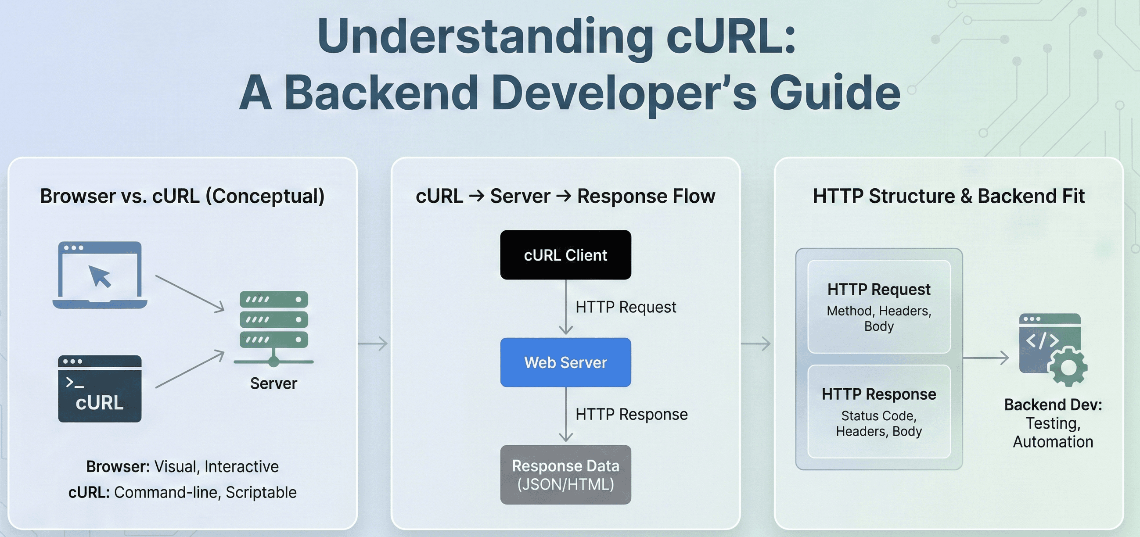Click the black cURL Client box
coord(565,255)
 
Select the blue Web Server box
coord(565,362)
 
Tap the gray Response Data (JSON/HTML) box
coord(565,475)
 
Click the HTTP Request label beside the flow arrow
coord(626,307)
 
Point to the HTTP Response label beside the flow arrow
coord(631,415)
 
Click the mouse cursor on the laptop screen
coord(100,276)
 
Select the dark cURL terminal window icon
coord(100,388)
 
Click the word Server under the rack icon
coord(273,383)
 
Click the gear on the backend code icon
coord(1068,367)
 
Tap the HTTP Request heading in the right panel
coord(878,289)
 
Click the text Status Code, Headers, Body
coord(878,423)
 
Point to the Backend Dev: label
coord(1053,405)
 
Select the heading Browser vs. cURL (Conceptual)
coord(182,196)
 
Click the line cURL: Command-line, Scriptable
coord(182,492)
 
